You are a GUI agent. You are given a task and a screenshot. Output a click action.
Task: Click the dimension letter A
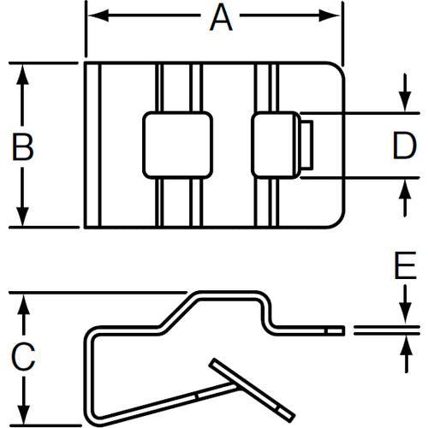click(x=221, y=18)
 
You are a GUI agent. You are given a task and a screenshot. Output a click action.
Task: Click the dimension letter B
click(x=22, y=147)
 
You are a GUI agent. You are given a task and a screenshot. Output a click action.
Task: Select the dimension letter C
click(x=23, y=357)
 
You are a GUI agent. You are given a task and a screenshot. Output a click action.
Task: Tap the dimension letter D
click(x=405, y=146)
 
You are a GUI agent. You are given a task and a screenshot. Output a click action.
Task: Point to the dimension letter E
click(x=405, y=265)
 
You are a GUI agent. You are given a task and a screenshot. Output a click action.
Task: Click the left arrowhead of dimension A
click(x=98, y=15)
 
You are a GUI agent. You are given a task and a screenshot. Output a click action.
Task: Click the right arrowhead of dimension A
click(x=330, y=15)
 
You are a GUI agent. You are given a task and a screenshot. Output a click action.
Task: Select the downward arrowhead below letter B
click(x=22, y=217)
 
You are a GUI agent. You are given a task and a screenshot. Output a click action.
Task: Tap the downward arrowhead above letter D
click(x=405, y=102)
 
